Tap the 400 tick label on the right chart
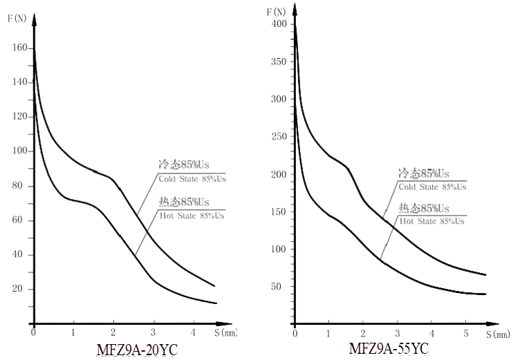pyautogui.click(x=279, y=24)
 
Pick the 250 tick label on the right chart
pyautogui.click(x=279, y=137)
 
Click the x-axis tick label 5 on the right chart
pyautogui.click(x=465, y=334)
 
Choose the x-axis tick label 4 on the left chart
pyautogui.click(x=193, y=333)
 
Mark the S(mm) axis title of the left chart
pyautogui.click(x=226, y=333)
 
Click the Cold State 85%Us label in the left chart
pyautogui.click(x=192, y=179)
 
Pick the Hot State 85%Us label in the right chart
pyautogui.click(x=431, y=221)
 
